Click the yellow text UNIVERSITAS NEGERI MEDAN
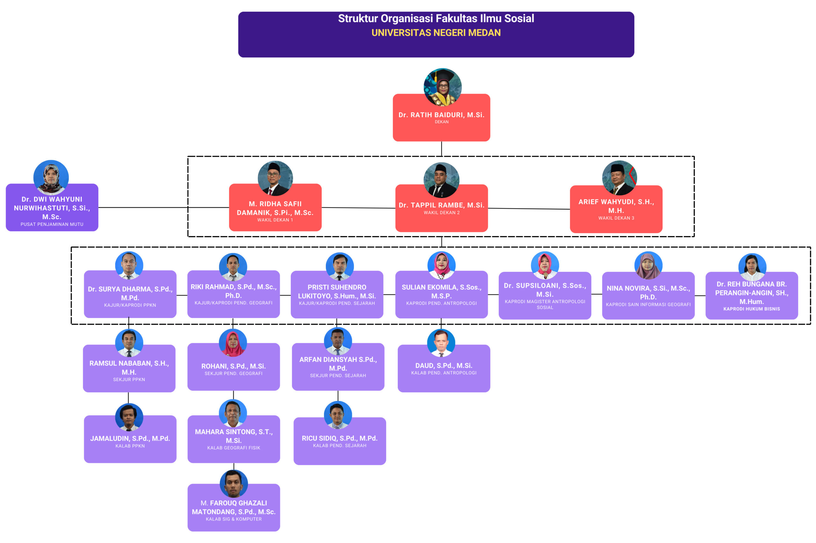coord(436,33)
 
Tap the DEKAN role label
coord(441,122)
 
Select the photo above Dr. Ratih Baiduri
coord(442,87)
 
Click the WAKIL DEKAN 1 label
coord(275,220)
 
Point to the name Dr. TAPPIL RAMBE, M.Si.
coord(441,205)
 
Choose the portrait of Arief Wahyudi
coord(619,177)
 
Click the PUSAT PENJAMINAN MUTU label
coord(52,224)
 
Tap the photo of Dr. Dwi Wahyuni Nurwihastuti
coord(51,177)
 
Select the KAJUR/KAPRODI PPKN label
coord(130,305)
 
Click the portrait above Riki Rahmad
coord(233,267)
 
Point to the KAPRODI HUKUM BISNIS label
coord(751,309)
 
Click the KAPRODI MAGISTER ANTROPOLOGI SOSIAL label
coord(544,304)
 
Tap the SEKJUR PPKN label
coord(129,380)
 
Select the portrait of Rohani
coord(233,343)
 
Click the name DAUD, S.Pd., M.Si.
coord(443,366)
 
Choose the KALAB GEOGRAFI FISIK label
coord(233,448)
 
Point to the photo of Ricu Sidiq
coord(338,415)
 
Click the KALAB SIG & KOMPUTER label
coord(233,519)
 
